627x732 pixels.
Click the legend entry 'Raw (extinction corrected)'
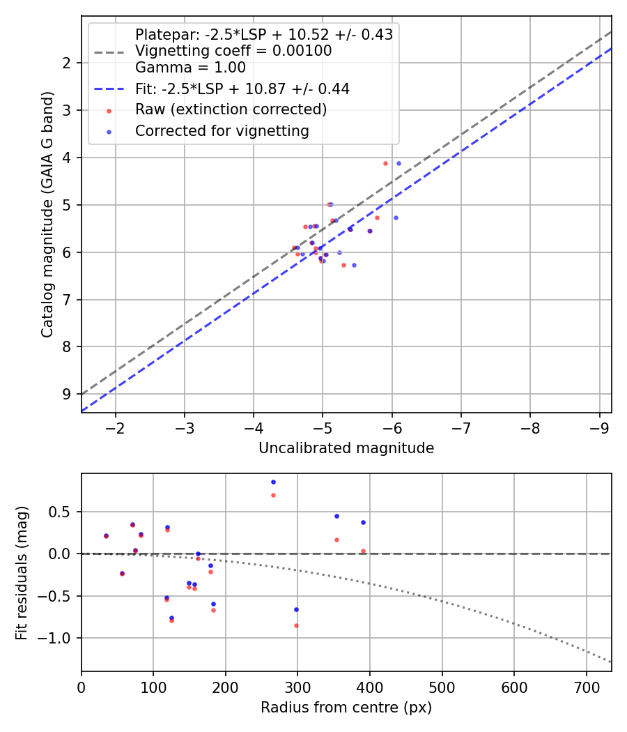231,110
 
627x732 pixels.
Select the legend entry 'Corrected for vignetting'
222,131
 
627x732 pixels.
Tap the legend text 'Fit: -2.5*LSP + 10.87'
242,89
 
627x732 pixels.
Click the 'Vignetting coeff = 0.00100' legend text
233,51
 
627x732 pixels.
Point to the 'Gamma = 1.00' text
190,68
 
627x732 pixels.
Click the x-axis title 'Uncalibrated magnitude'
346,448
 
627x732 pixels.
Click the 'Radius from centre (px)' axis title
346,708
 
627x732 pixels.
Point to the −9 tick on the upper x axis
598,426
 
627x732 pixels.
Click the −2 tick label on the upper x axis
115,426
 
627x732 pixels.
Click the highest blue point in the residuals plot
273,482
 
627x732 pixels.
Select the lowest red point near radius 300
296,625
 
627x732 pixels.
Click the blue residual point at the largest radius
363,522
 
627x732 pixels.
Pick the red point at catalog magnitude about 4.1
385,163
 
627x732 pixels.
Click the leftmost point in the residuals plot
106,536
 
